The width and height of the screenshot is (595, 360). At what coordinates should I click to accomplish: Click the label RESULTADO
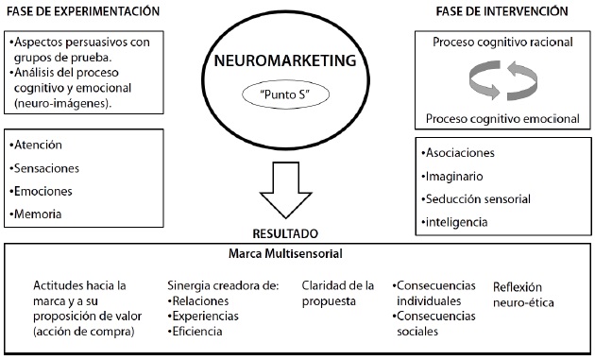pyautogui.click(x=297, y=231)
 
